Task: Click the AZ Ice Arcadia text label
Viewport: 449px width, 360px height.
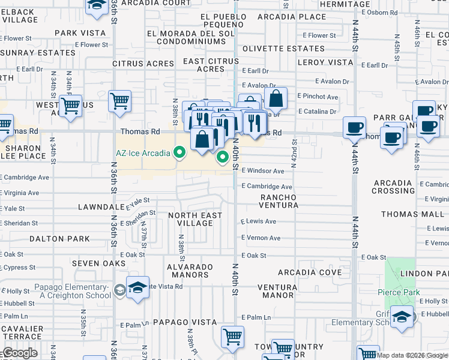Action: [143, 152]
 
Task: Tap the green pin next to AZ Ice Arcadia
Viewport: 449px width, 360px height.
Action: [179, 153]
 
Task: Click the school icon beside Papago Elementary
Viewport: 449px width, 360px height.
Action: [137, 288]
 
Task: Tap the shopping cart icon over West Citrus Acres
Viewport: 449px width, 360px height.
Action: [71, 106]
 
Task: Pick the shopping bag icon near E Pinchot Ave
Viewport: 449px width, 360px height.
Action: [276, 98]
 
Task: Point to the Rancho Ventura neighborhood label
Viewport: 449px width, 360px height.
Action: [279, 201]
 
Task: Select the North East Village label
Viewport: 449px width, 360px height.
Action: [190, 219]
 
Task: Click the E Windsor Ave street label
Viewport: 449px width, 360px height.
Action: [262, 171]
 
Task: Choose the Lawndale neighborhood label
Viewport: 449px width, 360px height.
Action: [100, 207]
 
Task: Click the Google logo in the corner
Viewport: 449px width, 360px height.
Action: [19, 353]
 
